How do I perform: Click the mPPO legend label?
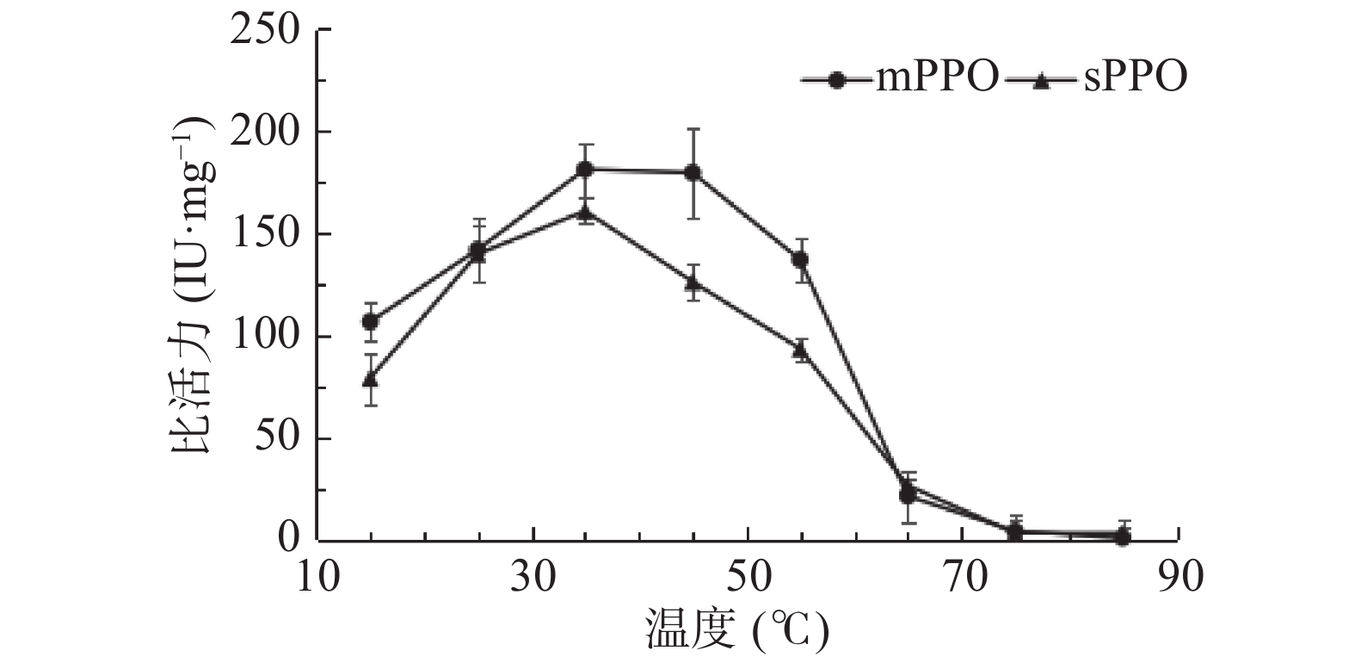[937, 78]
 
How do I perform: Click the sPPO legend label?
[1135, 78]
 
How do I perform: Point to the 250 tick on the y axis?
[268, 31]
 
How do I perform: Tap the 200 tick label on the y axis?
[268, 133]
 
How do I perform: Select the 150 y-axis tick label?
[268, 235]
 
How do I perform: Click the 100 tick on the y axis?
[268, 337]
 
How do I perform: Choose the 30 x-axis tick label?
[533, 577]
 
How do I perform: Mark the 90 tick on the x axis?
[1179, 577]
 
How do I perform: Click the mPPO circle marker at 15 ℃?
[371, 322]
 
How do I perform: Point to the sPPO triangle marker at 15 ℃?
[371, 379]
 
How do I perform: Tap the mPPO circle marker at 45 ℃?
[693, 173]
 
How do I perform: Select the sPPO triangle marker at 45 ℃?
[693, 282]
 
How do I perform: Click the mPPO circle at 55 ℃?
[800, 259]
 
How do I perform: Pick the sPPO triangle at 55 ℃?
[800, 349]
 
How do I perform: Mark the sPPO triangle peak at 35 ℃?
[585, 212]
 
